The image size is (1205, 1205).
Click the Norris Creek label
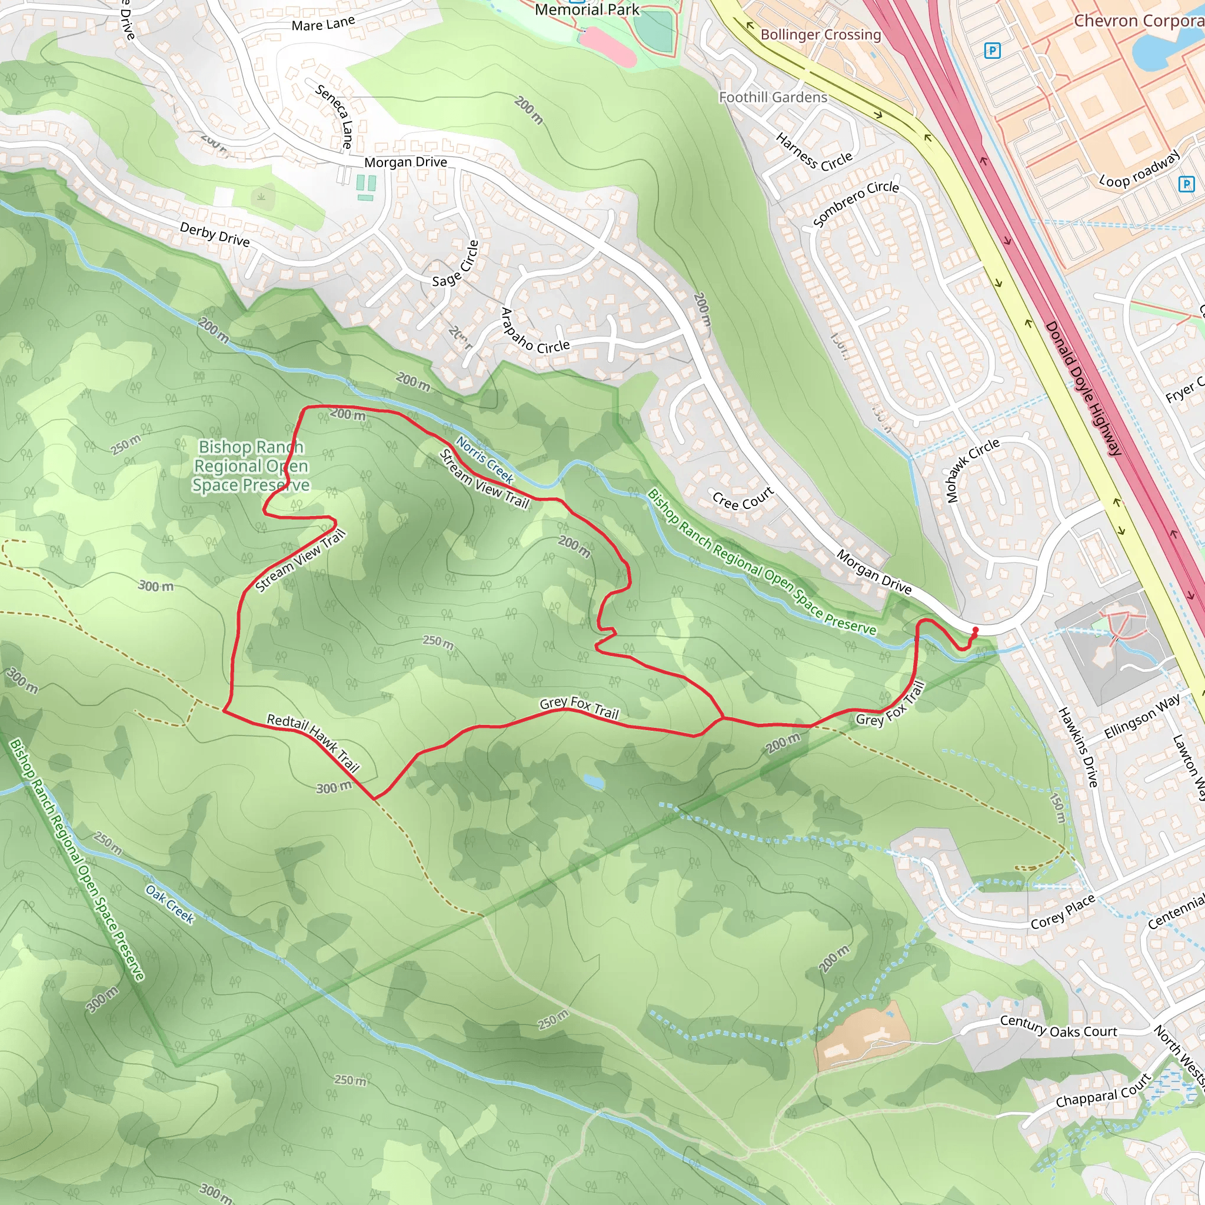(485, 460)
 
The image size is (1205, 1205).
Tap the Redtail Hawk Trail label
(312, 742)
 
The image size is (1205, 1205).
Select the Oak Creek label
(170, 904)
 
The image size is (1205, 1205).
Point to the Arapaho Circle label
(534, 331)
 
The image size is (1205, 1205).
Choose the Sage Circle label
(455, 264)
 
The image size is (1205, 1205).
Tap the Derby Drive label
(215, 235)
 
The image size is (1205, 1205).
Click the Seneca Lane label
(335, 115)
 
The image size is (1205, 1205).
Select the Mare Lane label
(323, 24)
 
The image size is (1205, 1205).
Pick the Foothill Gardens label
(773, 97)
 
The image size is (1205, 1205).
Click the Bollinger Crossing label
(820, 34)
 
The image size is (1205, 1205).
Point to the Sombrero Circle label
(856, 204)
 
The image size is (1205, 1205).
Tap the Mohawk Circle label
(972, 470)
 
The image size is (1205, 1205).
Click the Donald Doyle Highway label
(1083, 388)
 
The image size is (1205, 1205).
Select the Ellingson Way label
(1142, 716)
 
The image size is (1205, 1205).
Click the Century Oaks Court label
(1058, 1027)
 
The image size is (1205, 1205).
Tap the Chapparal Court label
(1103, 1090)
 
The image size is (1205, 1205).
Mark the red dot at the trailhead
(975, 631)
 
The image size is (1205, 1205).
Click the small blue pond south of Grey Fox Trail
(593, 781)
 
